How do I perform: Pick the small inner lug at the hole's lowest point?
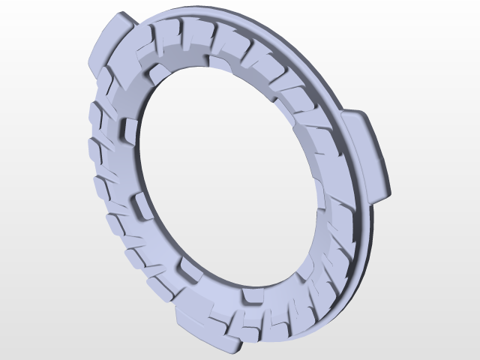tap(252, 298)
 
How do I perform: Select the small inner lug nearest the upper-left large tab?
tap(158, 73)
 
